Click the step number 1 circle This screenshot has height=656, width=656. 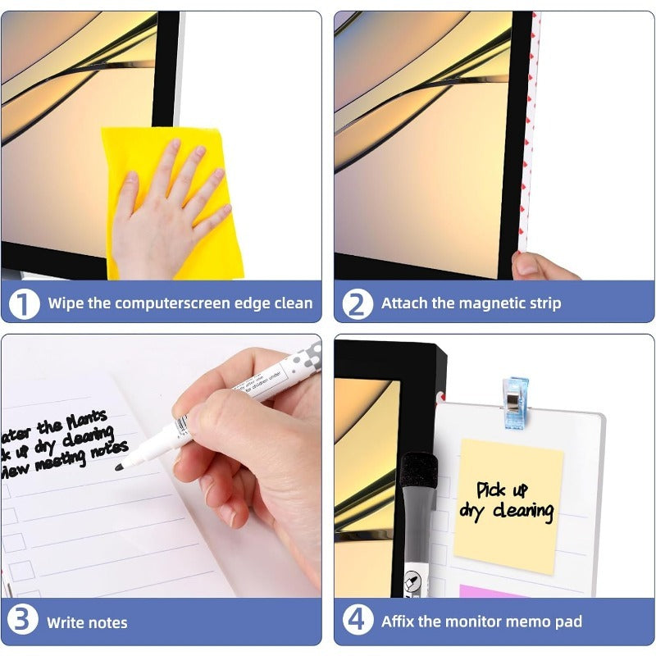click(x=25, y=303)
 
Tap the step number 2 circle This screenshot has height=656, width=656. click(x=358, y=303)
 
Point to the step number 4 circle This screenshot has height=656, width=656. click(x=358, y=621)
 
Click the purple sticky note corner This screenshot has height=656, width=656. click(x=492, y=590)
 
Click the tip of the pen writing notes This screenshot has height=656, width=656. click(x=120, y=468)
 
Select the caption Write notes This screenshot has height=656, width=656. click(x=87, y=622)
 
